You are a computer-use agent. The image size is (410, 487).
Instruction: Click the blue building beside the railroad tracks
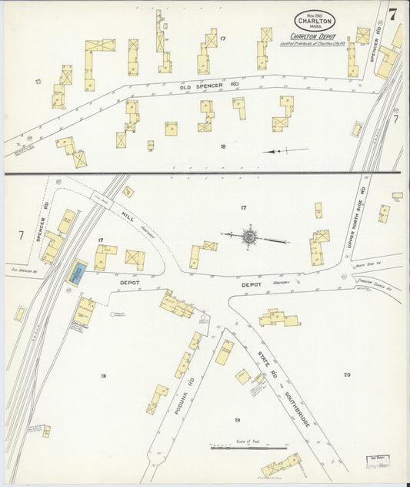78,271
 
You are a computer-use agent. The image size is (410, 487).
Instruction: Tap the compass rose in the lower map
250,237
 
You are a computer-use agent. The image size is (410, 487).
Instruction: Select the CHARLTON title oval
314,22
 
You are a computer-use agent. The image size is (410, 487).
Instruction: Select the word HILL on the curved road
127,218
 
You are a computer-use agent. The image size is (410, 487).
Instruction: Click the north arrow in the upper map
285,151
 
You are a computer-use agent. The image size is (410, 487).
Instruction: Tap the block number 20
347,374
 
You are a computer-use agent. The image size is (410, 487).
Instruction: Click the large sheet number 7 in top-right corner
392,14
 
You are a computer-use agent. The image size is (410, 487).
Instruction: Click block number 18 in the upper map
222,145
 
